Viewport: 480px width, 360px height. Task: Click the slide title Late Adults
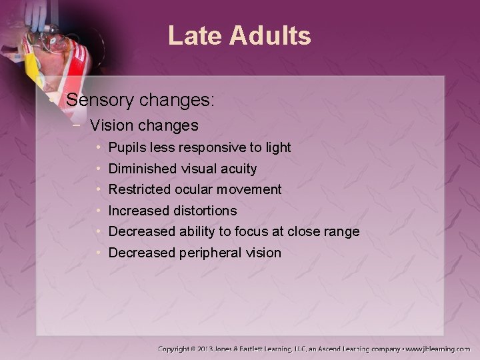pos(239,36)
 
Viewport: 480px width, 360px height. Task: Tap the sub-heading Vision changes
pos(144,125)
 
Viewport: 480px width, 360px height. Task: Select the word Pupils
pos(127,147)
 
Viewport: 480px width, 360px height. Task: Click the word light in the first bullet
pos(278,147)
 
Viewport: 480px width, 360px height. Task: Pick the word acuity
pos(237,168)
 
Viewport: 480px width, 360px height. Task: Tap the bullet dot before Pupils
pos(99,147)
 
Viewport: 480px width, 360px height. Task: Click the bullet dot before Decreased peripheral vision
pos(99,253)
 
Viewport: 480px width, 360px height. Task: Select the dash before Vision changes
pos(80,125)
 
